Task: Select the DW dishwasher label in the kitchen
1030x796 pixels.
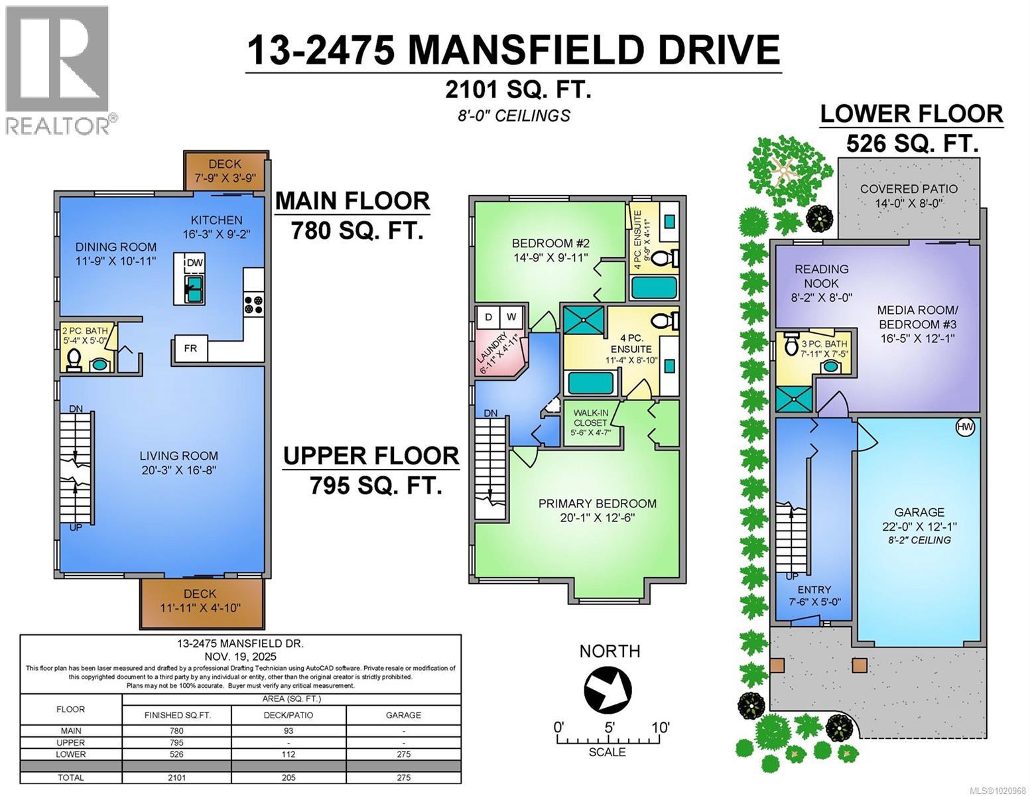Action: click(x=194, y=263)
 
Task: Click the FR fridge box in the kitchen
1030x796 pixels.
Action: click(x=190, y=348)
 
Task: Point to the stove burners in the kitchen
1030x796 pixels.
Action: click(x=253, y=304)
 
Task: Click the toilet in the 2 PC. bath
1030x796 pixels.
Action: click(x=74, y=362)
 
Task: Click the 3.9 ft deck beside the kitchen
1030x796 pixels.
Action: click(x=225, y=171)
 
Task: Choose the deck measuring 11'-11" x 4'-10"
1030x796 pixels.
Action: click(x=200, y=601)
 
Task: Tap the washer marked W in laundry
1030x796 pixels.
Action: click(x=511, y=317)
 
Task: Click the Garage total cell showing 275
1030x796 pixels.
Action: click(x=403, y=777)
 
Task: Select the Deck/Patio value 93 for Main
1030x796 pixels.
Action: click(x=289, y=730)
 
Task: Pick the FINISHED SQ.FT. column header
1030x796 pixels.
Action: click(x=177, y=714)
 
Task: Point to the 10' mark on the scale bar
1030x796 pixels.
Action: click(x=659, y=727)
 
